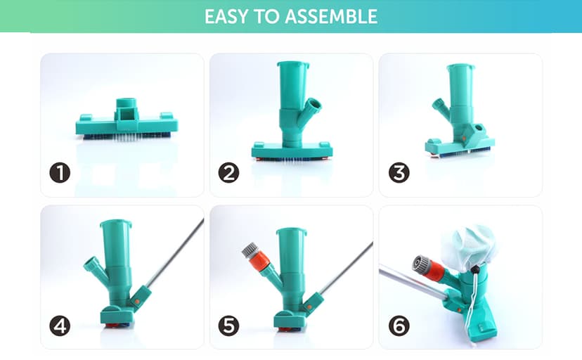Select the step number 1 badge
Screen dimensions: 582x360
coord(60,172)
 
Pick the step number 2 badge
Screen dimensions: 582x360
coord(228,172)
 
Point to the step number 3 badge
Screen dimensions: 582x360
coord(399,172)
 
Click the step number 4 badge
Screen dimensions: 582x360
coord(60,326)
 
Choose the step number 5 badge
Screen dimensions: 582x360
coord(228,326)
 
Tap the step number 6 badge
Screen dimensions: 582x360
coord(399,326)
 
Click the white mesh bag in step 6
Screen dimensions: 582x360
coord(469,245)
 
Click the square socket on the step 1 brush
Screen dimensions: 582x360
coord(127,115)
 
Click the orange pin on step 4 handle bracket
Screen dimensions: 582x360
coord(137,302)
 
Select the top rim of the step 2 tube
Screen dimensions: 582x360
coord(293,65)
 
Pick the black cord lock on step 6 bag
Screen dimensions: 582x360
coord(474,269)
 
